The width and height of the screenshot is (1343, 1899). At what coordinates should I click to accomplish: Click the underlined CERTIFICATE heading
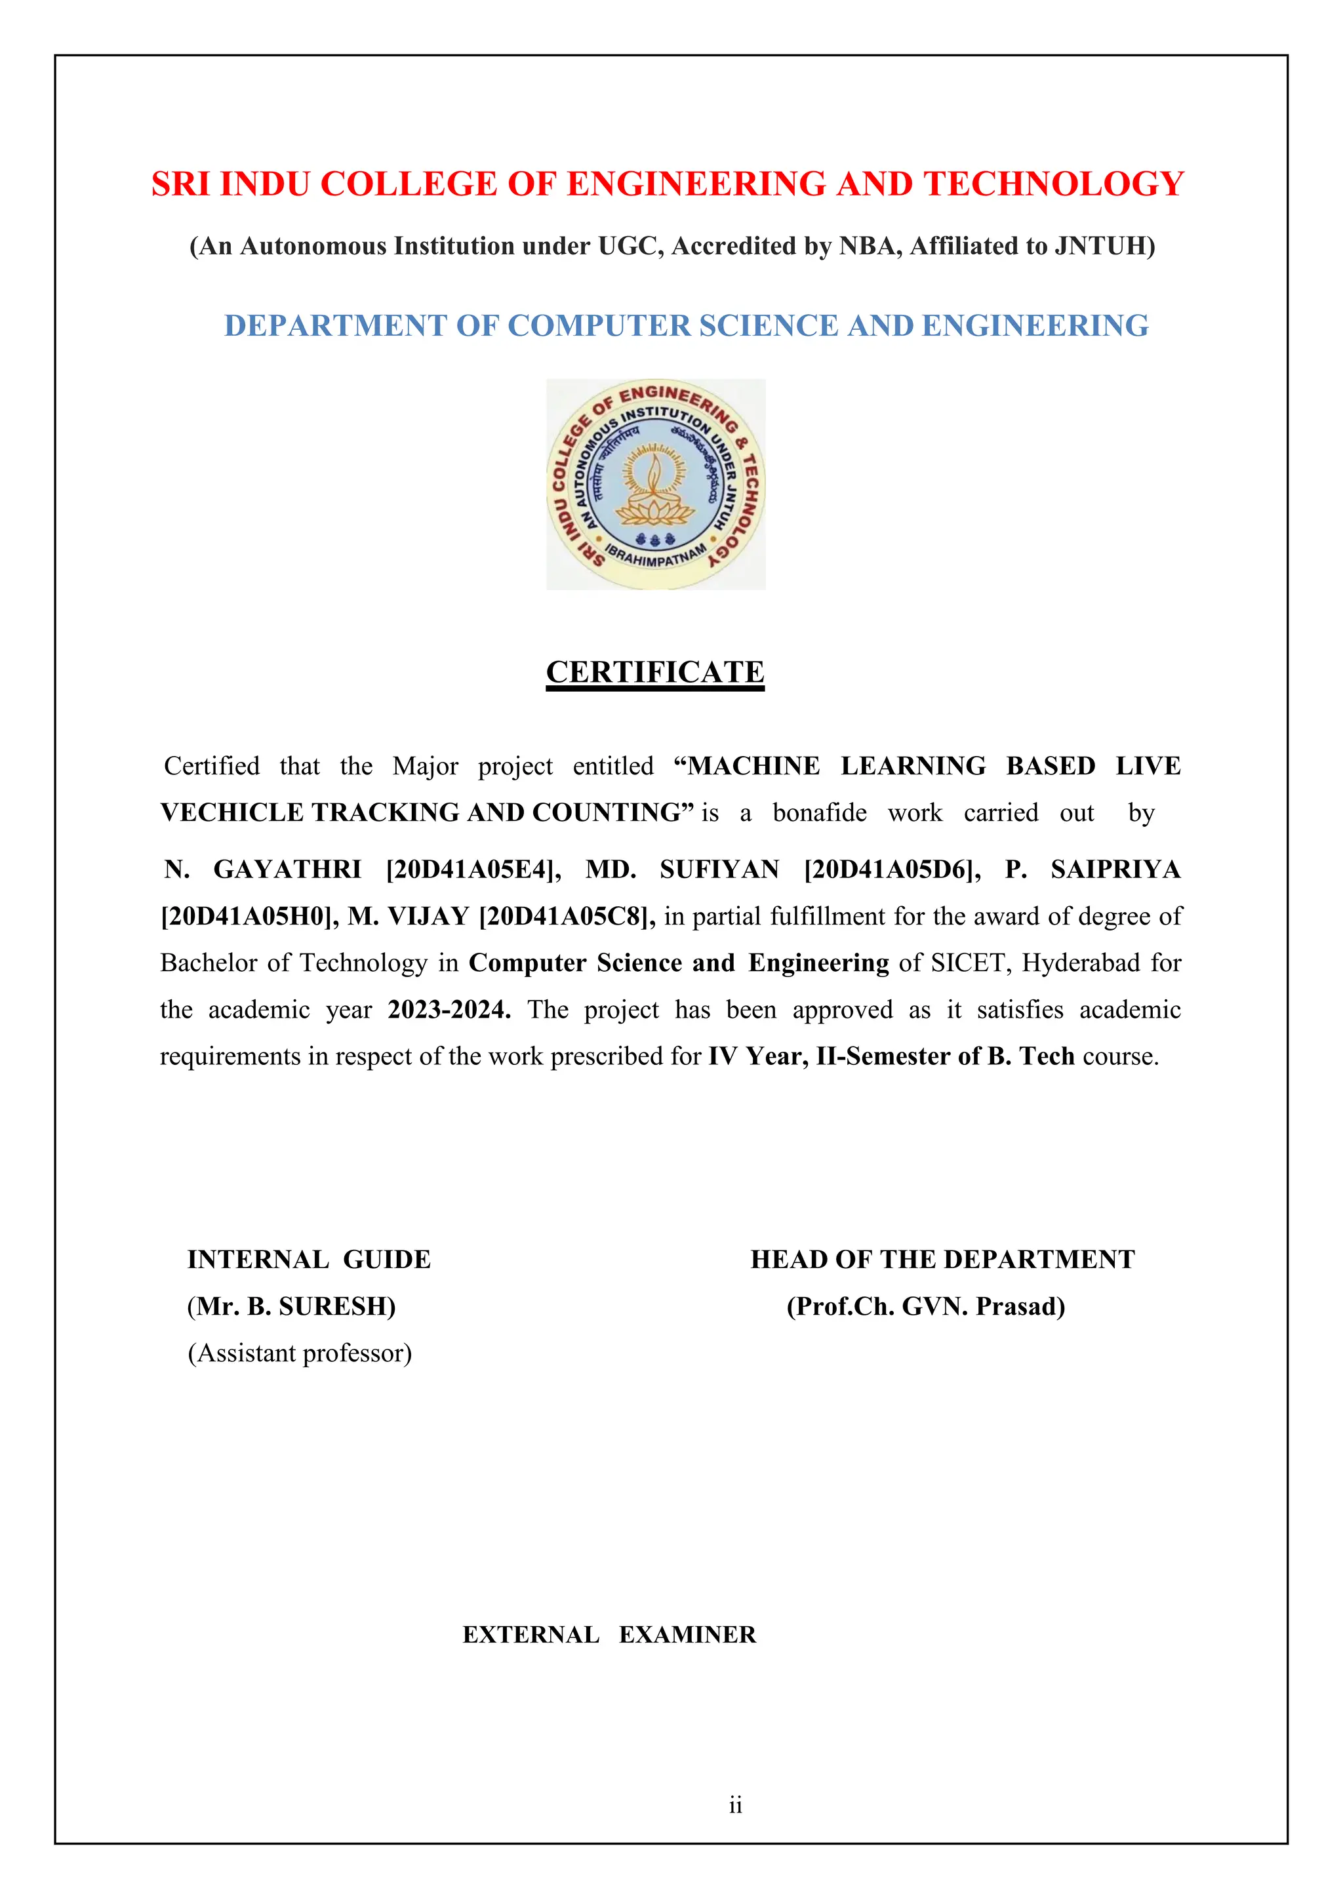click(x=655, y=672)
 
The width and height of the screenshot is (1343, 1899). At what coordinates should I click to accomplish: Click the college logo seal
click(x=656, y=485)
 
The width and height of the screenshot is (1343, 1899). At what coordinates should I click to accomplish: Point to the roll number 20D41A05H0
click(x=249, y=917)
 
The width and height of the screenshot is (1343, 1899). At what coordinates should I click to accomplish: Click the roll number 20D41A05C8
click(x=567, y=917)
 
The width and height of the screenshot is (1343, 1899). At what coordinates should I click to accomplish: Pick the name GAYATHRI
click(x=287, y=870)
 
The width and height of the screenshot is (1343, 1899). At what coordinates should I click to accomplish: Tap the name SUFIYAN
click(x=719, y=870)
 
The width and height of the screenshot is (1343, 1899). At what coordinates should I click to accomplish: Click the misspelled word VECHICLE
click(x=231, y=813)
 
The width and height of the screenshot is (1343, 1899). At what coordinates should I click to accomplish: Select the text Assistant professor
click(x=300, y=1354)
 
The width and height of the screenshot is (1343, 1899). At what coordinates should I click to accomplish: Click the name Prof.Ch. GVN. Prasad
click(x=925, y=1307)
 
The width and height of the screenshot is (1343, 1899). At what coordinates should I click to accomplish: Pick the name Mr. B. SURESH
click(x=291, y=1307)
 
